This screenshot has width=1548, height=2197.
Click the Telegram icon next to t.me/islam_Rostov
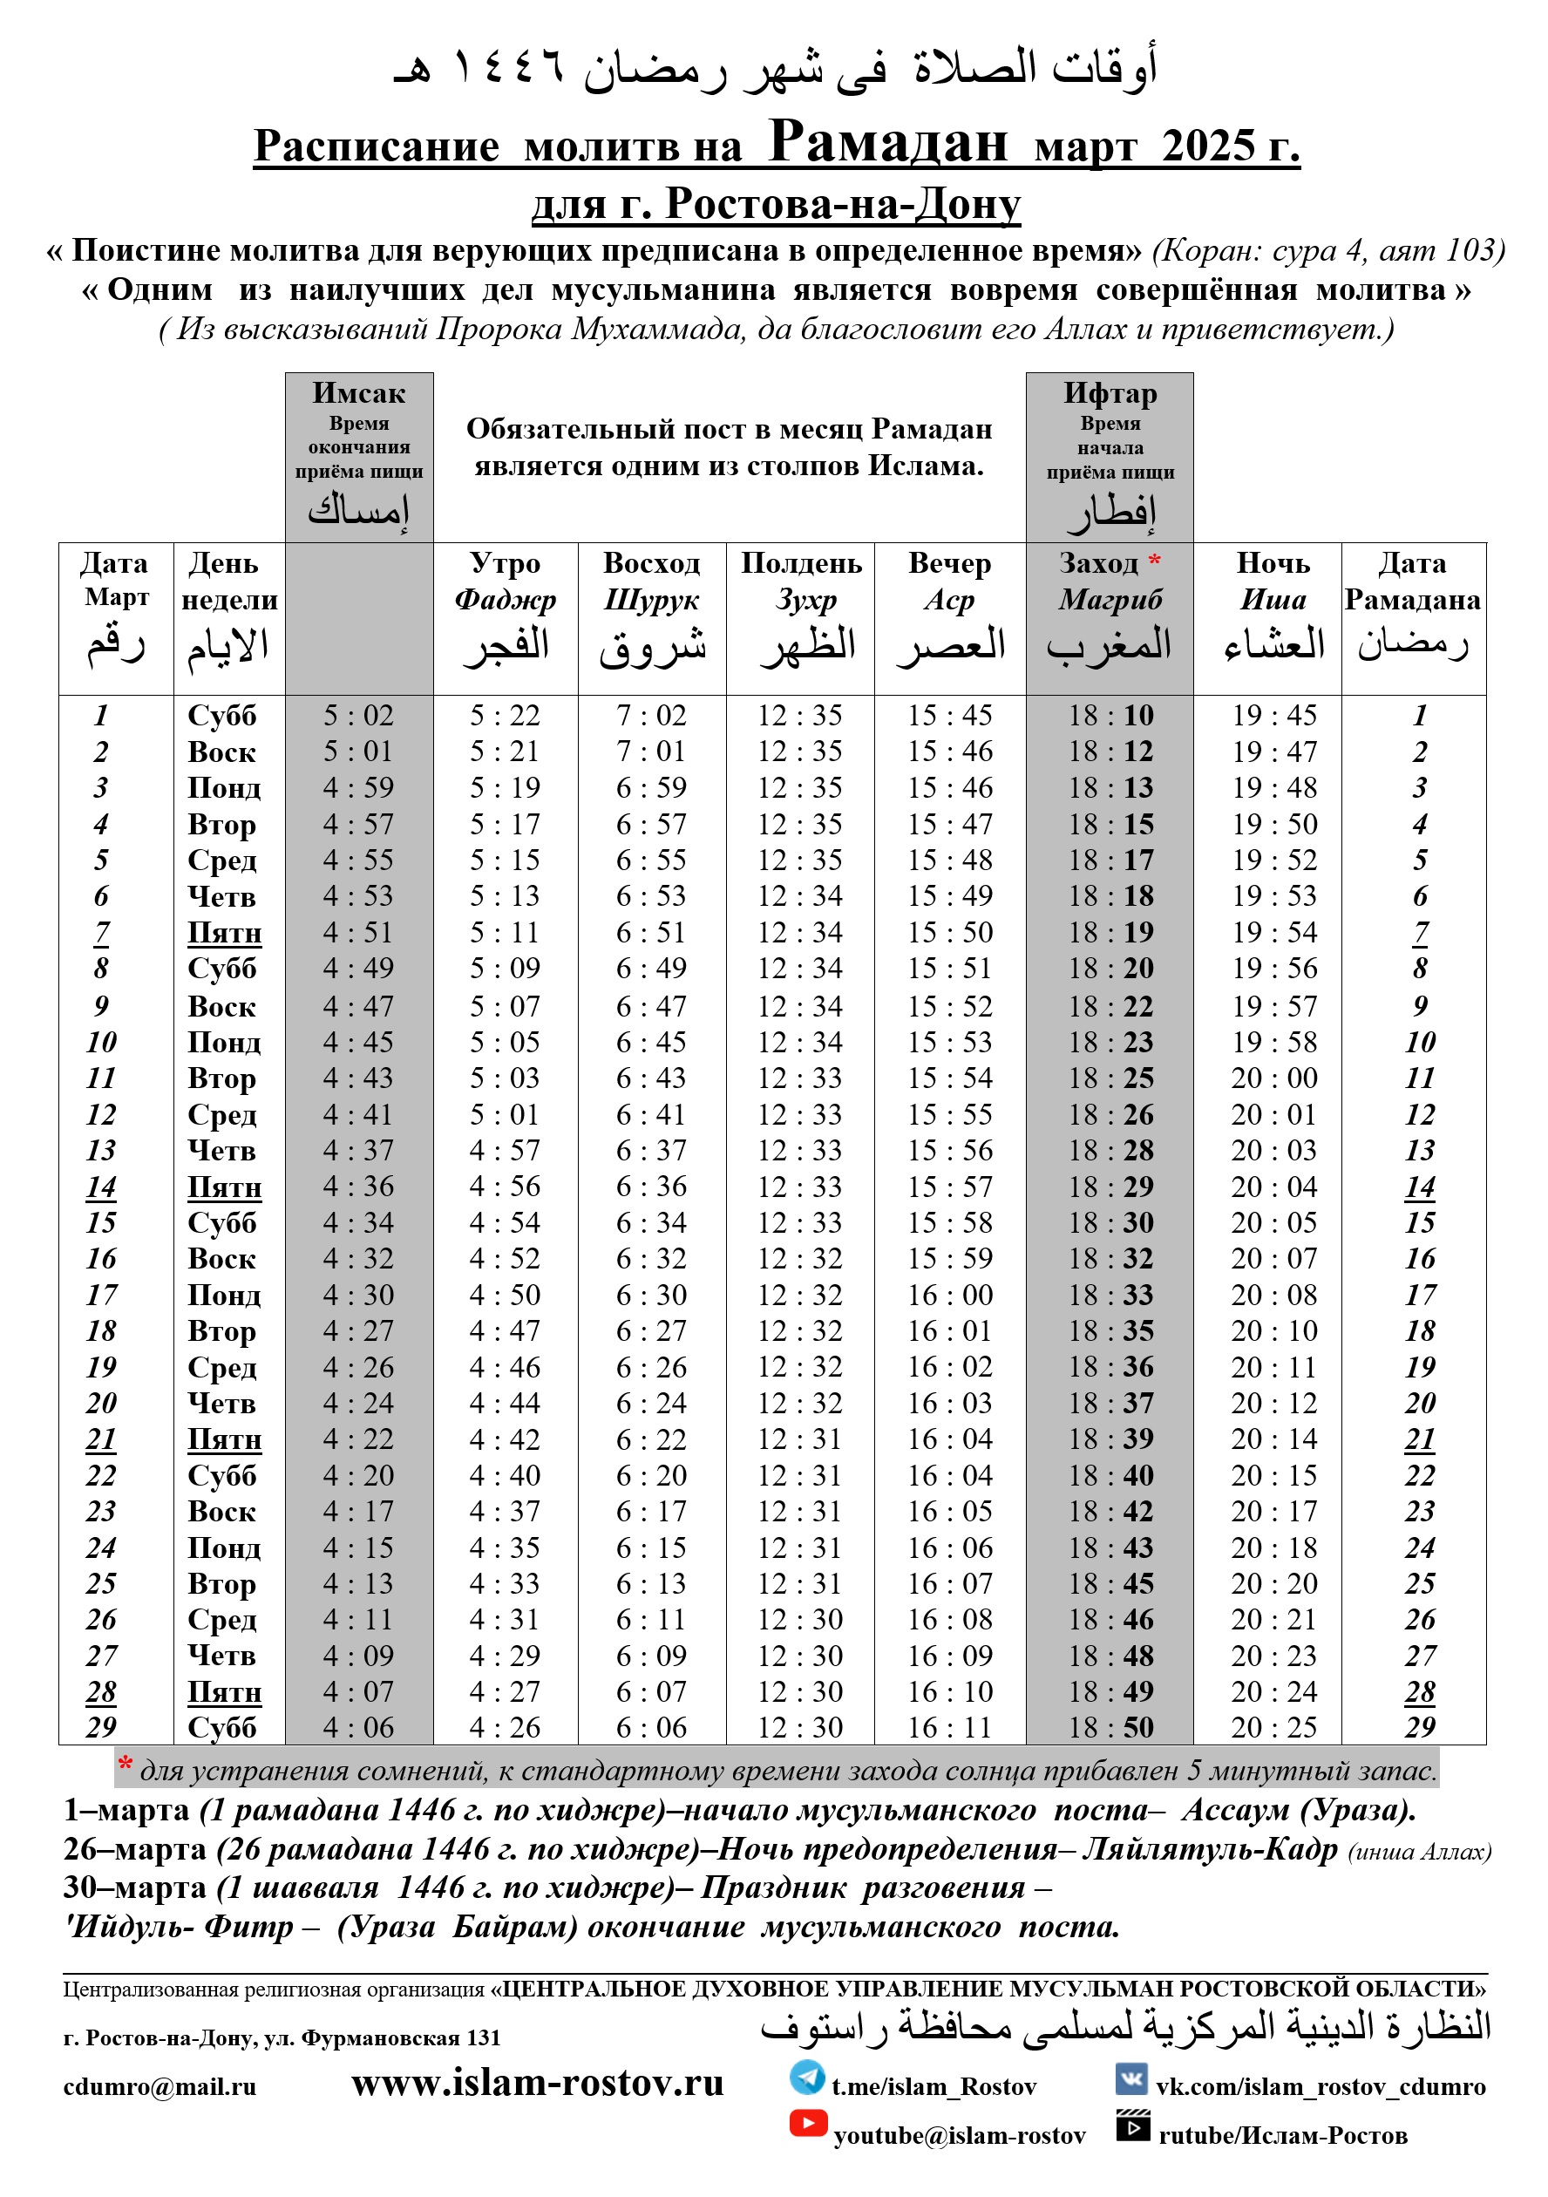tap(806, 2078)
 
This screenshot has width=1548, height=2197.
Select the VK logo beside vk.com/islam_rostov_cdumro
tap(1132, 2078)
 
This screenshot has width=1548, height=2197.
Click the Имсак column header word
tap(359, 393)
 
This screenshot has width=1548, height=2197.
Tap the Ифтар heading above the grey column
tap(1110, 393)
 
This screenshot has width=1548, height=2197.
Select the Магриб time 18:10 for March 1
tap(1110, 715)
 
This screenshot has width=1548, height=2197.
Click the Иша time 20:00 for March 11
tap(1273, 1078)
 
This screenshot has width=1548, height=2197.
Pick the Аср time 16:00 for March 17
tap(950, 1295)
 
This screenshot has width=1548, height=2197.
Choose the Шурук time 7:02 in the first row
tap(652, 715)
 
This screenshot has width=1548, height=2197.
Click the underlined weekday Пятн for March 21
tap(224, 1439)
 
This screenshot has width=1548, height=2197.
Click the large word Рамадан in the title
tap(888, 141)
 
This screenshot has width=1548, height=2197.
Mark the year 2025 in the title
tap(1208, 146)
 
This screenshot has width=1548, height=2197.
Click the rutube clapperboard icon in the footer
tap(1133, 2126)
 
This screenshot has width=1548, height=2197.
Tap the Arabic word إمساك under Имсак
tap(359, 510)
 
